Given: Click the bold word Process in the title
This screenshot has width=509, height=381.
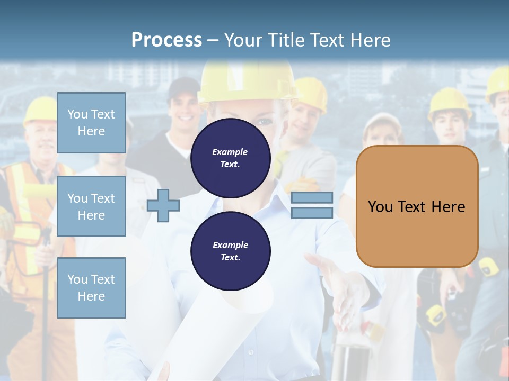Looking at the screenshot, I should [166, 40].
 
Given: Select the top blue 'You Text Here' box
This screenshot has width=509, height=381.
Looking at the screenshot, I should [91, 123].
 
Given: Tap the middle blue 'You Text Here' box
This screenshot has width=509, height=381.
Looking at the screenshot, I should [91, 206].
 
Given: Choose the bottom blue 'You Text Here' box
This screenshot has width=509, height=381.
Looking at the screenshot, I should [91, 287].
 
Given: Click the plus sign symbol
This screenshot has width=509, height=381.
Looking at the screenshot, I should [163, 206].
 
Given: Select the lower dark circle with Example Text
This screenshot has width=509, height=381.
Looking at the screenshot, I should [230, 251].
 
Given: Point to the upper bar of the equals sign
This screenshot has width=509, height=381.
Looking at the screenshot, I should [312, 198].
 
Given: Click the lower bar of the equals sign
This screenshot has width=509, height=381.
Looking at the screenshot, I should [312, 213].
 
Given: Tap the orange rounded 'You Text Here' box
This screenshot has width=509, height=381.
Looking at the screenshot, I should [417, 206].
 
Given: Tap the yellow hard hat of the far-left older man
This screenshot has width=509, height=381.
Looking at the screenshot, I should [39, 110].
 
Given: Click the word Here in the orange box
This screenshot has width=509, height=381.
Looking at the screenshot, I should [448, 206].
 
